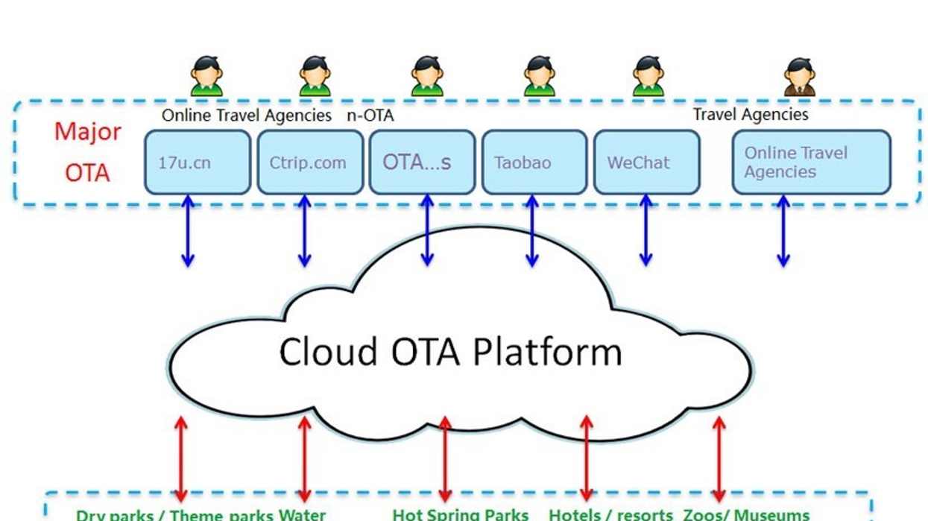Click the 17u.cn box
[x=197, y=162]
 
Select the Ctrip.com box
[x=309, y=162]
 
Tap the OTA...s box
[x=422, y=162]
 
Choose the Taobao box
[x=534, y=162]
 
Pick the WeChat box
[x=646, y=162]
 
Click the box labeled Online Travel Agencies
[x=811, y=162]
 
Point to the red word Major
[x=87, y=132]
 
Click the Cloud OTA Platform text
[x=450, y=352]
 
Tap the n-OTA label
[x=370, y=116]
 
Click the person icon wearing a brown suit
[x=799, y=77]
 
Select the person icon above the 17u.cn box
[x=206, y=77]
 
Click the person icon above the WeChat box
[x=648, y=77]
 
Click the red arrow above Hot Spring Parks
[x=445, y=458]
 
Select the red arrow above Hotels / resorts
[x=586, y=458]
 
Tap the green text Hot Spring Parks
[x=460, y=514]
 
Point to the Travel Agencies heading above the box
[x=750, y=115]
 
